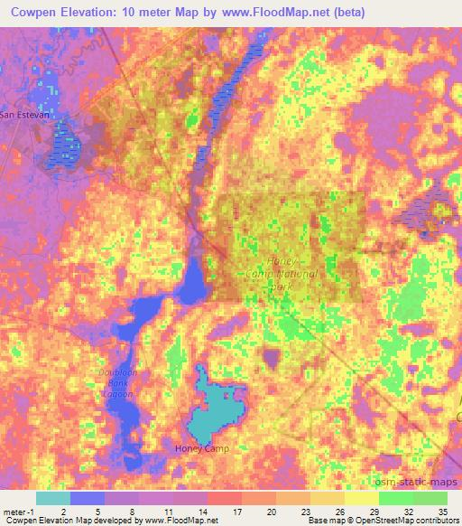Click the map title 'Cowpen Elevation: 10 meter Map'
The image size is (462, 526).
click(108, 14)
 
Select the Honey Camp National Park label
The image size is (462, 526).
click(282, 274)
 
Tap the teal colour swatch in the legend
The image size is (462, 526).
click(52, 497)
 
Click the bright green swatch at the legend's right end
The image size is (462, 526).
click(430, 497)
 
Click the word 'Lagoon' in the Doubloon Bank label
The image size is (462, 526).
click(116, 394)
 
